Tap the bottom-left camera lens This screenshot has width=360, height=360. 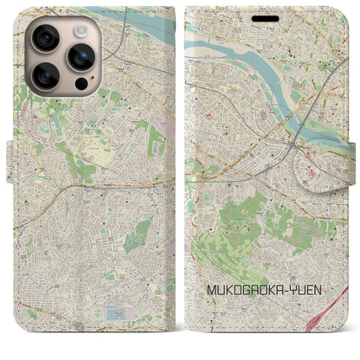pyautogui.click(x=45, y=76)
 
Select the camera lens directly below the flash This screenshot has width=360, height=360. pyautogui.click(x=80, y=57)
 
